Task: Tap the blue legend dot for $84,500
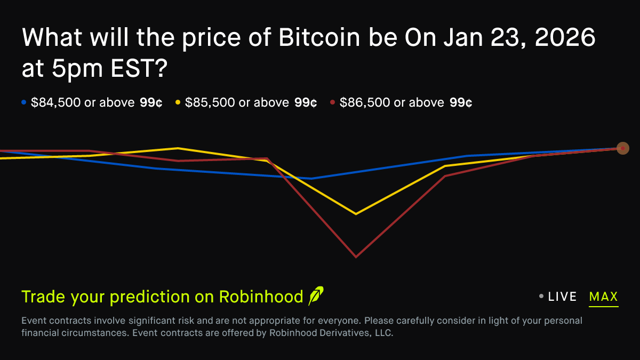tap(23, 102)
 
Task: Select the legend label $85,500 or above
tap(237, 102)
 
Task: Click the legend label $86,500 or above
tap(392, 102)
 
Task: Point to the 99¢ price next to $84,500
tap(151, 102)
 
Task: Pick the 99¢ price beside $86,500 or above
tap(461, 102)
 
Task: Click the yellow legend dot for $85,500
tap(178, 102)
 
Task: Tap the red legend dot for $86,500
tap(332, 102)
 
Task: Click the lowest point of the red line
tap(356, 257)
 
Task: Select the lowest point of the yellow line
tap(356, 214)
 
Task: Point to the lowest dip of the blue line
tap(311, 178)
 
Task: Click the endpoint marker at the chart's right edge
tap(622, 148)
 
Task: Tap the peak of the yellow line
tap(178, 148)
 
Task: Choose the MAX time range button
tap(603, 297)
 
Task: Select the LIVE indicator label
tap(562, 297)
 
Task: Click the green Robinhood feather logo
tap(316, 296)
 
